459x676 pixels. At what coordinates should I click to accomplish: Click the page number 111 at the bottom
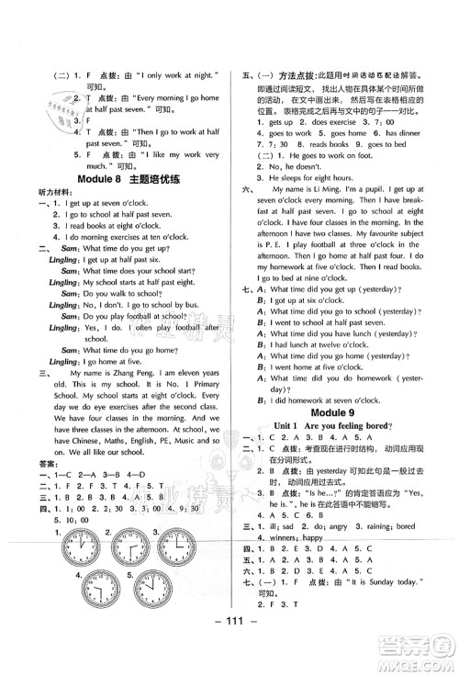(x=229, y=649)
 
